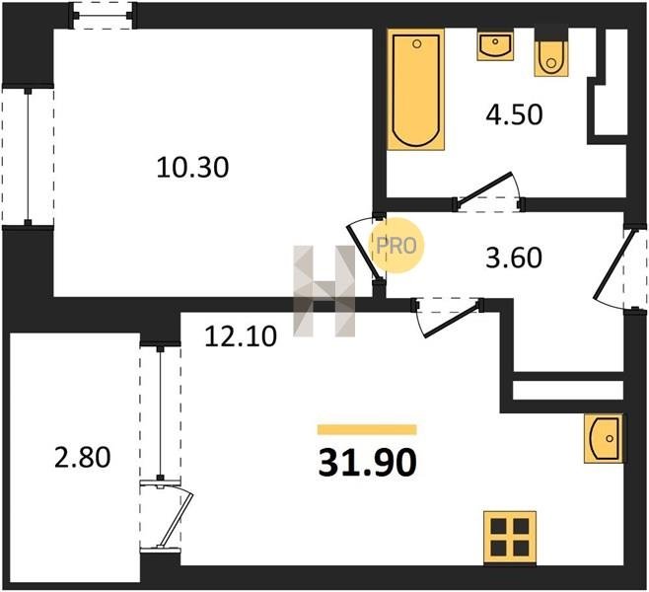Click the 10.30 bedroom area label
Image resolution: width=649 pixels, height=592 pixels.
(192, 168)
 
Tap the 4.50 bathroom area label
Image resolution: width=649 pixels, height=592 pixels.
(514, 114)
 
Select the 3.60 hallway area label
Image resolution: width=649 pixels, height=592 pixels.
(514, 258)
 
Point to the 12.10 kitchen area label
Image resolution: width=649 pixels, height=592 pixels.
(241, 335)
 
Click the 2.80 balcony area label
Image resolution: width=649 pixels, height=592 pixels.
(83, 458)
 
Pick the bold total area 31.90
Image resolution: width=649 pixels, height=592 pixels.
(367, 463)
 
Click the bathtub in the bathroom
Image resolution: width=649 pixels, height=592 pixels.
(415, 89)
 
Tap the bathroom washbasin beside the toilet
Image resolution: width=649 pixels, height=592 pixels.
(495, 44)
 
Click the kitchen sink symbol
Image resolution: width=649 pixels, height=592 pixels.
(604, 438)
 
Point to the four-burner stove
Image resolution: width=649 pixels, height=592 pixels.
(510, 538)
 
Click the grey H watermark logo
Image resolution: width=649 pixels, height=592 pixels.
(324, 291)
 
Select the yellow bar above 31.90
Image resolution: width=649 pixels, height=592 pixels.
(367, 430)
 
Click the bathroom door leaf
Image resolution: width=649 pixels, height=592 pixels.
(482, 188)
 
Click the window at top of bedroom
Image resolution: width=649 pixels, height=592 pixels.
(103, 16)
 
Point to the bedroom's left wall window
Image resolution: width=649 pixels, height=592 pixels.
(28, 156)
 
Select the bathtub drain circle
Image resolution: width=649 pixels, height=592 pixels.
(417, 43)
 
